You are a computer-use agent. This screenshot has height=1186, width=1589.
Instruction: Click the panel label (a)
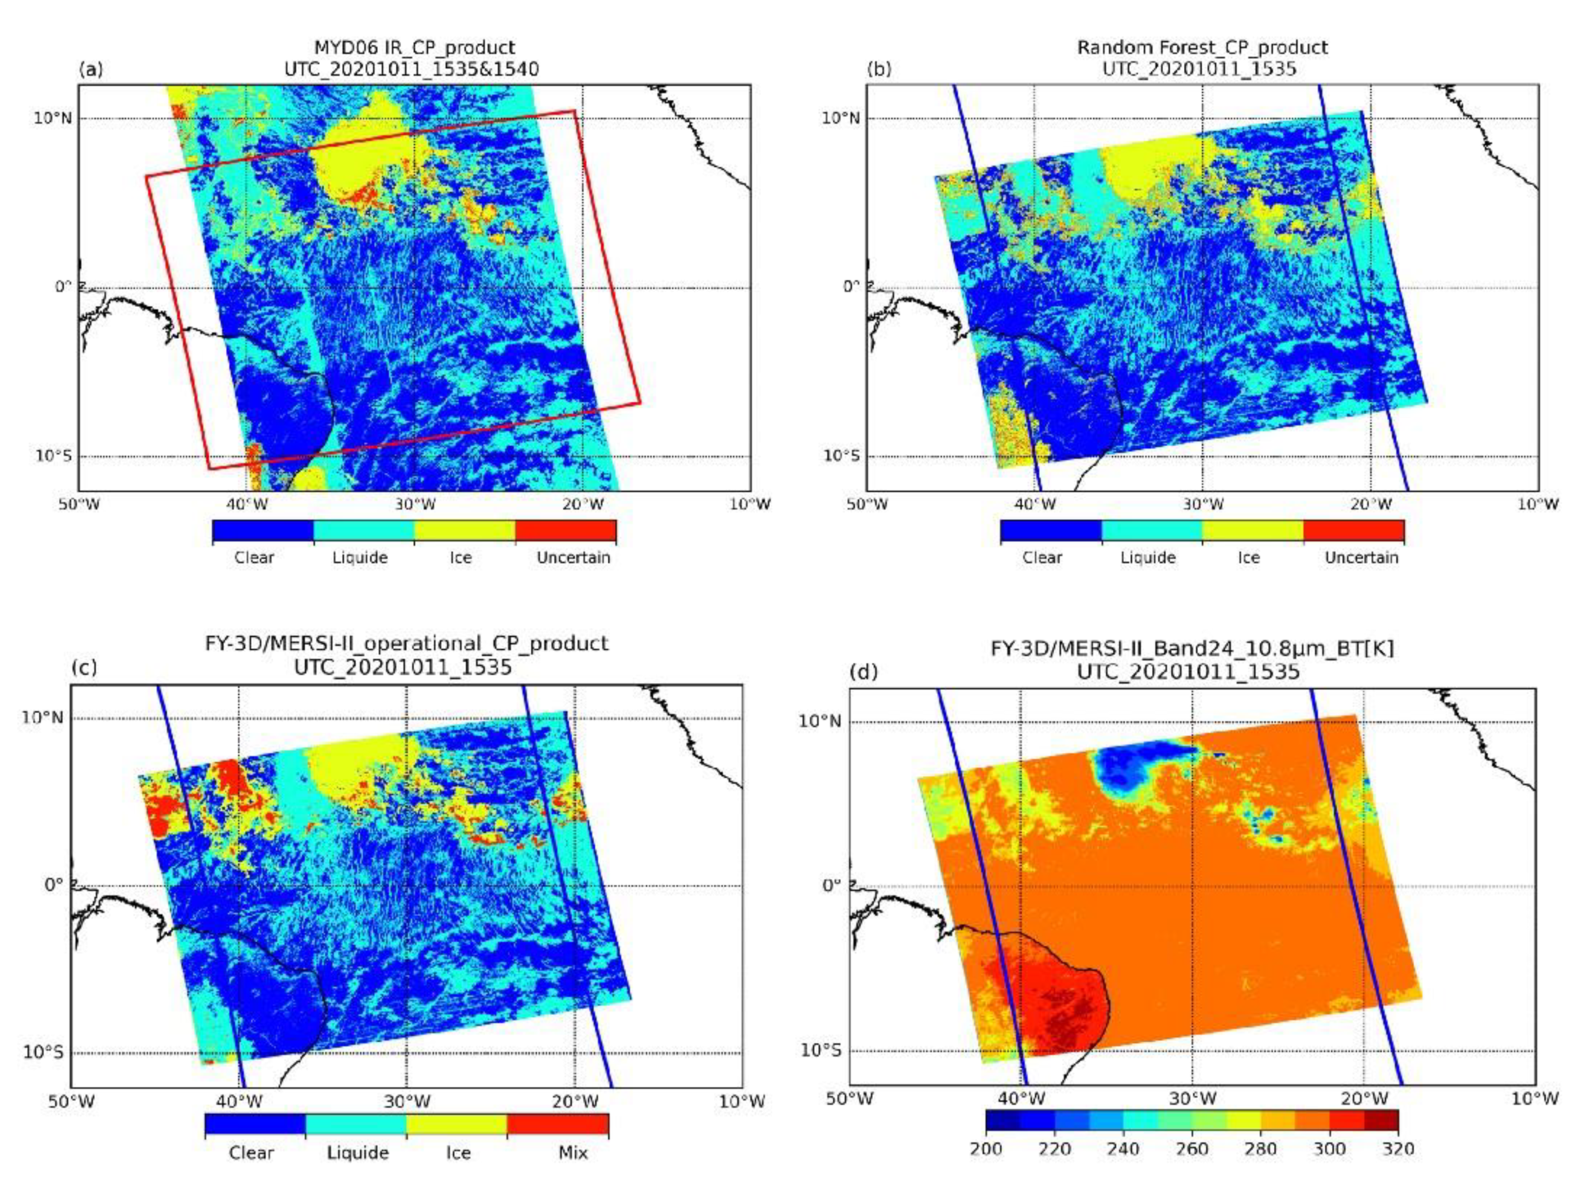(x=91, y=70)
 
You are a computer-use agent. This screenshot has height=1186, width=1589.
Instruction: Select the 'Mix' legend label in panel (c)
(x=572, y=1152)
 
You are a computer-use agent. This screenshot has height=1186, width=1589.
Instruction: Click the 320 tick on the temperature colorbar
(x=1397, y=1148)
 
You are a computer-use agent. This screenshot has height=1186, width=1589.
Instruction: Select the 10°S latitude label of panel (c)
(x=45, y=1052)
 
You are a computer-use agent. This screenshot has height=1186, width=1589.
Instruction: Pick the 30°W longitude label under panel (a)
(x=414, y=504)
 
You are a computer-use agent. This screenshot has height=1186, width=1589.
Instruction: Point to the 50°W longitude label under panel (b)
(x=867, y=504)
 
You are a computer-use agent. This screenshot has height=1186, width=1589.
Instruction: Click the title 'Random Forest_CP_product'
(x=1202, y=48)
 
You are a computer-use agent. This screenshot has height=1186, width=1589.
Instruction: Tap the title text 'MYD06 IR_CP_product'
(x=414, y=48)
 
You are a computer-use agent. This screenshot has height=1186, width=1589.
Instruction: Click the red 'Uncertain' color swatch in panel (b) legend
(x=1353, y=530)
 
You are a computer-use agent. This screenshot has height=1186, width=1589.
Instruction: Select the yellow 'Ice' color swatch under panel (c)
(x=457, y=1124)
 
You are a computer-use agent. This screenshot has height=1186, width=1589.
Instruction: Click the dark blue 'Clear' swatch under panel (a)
(x=263, y=530)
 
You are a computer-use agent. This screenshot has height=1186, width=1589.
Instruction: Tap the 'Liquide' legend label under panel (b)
(x=1147, y=557)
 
